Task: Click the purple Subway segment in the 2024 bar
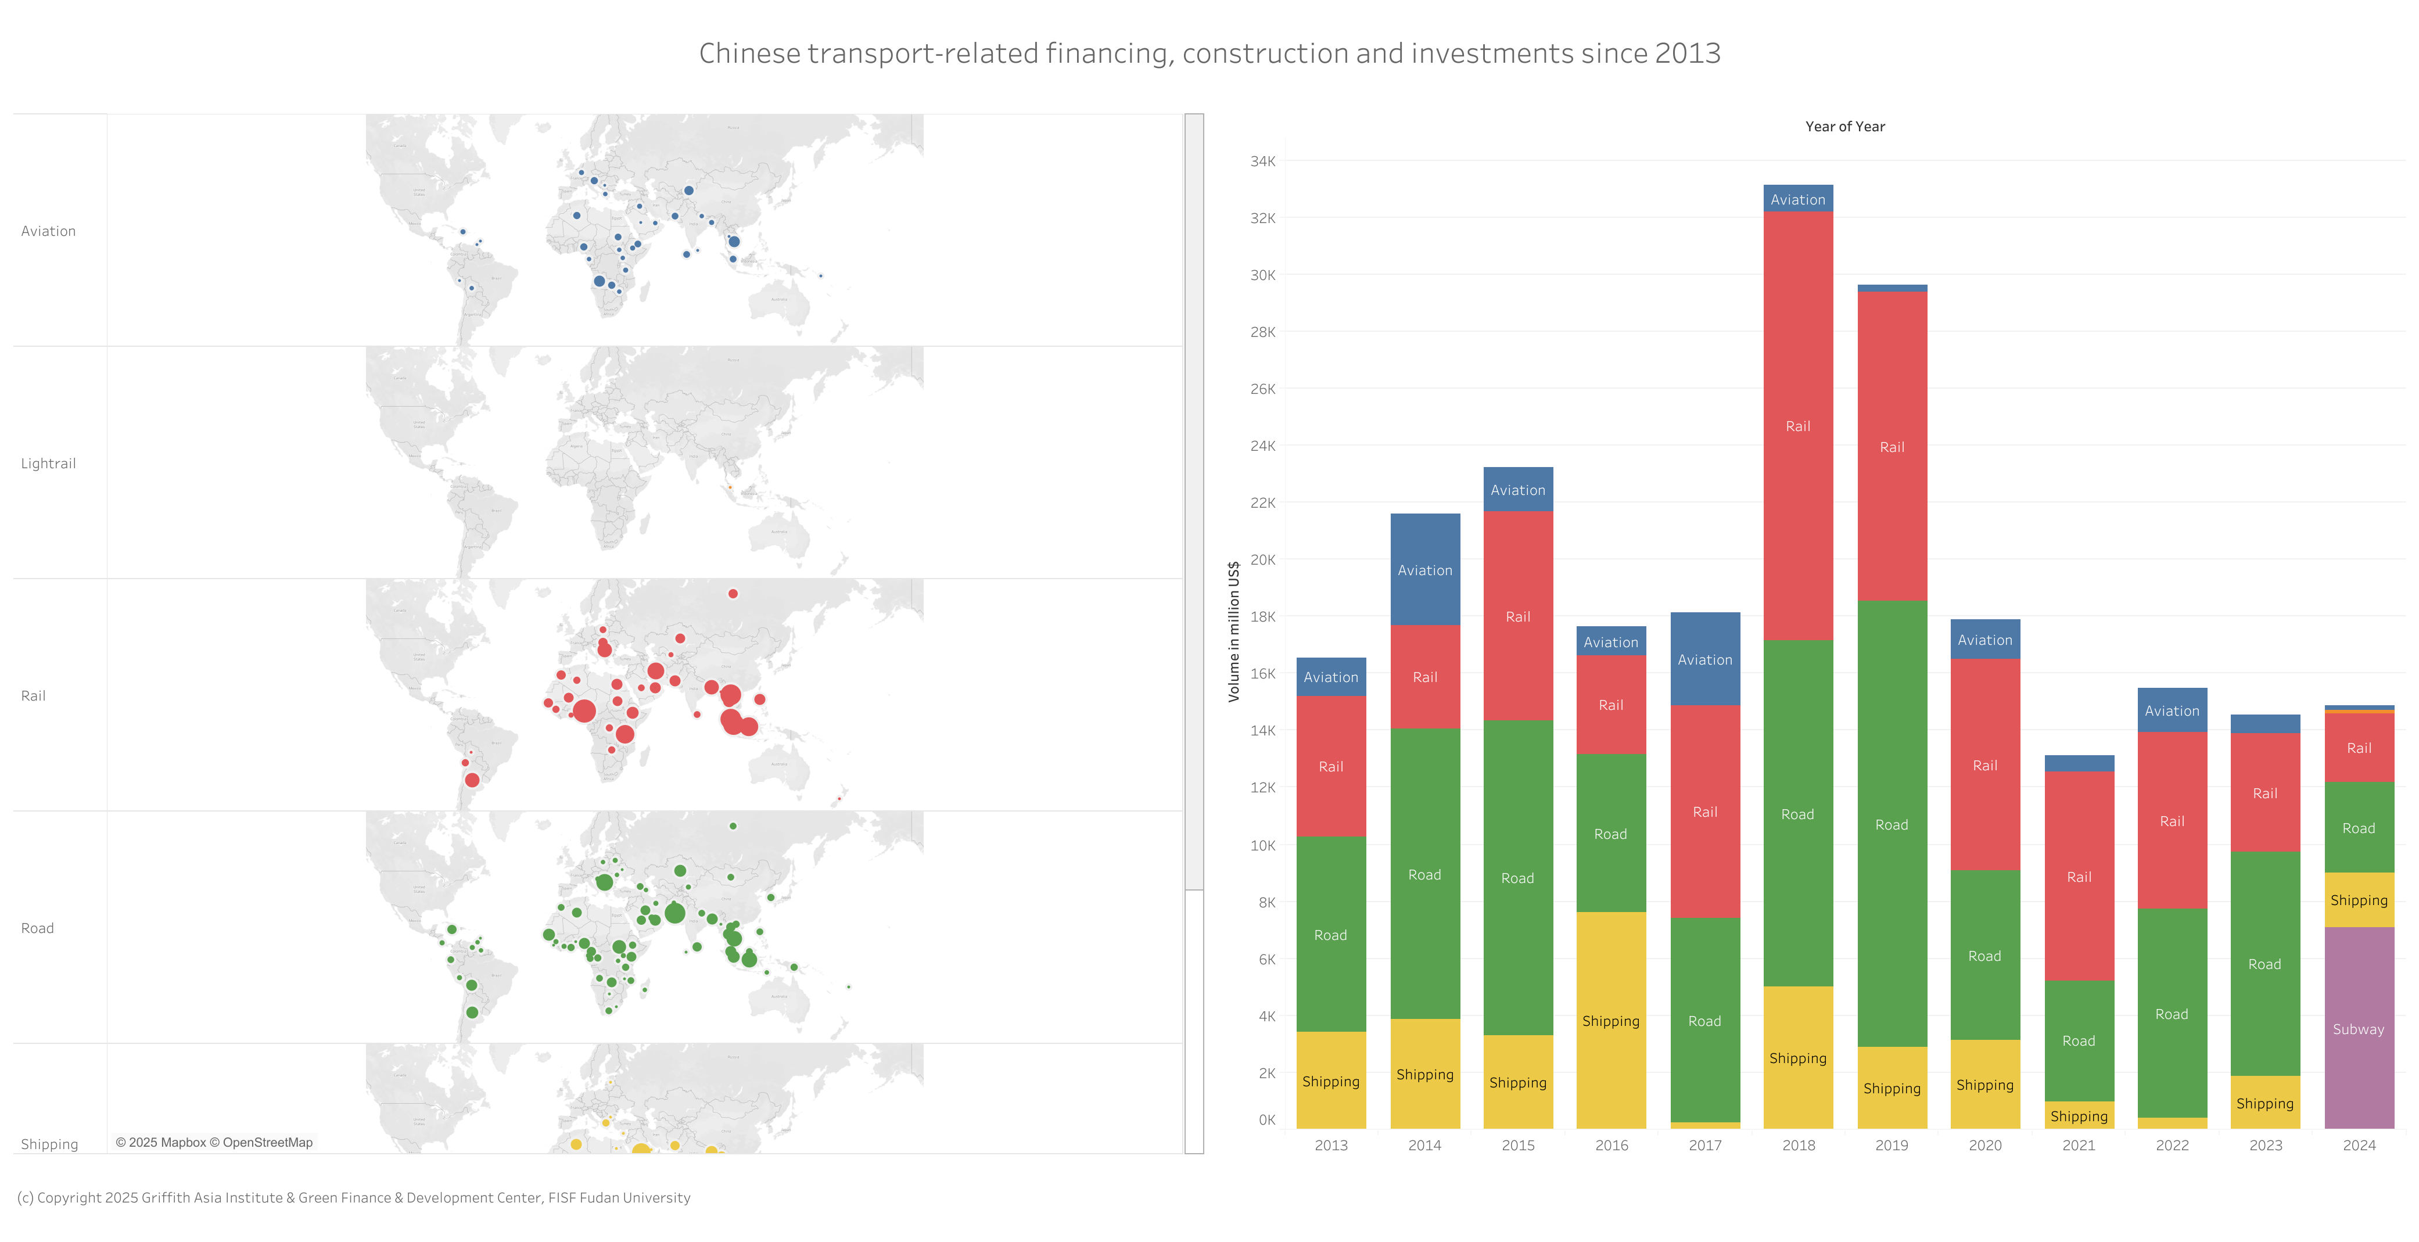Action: pyautogui.click(x=2358, y=1028)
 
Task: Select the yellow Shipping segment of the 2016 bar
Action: pyautogui.click(x=1610, y=1021)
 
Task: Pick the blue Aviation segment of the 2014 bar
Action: pyautogui.click(x=1424, y=570)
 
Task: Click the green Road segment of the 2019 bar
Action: pyautogui.click(x=1892, y=824)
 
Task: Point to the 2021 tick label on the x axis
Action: pyautogui.click(x=2078, y=1146)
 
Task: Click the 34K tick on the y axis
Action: pyautogui.click(x=1262, y=161)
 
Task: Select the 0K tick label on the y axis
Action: pyautogui.click(x=1266, y=1120)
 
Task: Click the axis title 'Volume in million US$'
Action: pyautogui.click(x=1234, y=631)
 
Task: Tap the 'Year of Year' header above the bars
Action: pyautogui.click(x=1844, y=127)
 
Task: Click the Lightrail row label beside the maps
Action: pyautogui.click(x=48, y=464)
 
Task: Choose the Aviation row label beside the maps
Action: pyautogui.click(x=48, y=231)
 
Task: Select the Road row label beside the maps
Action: pyautogui.click(x=38, y=928)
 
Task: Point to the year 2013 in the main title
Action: pyautogui.click(x=1688, y=53)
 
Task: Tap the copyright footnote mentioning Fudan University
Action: pyautogui.click(x=353, y=1198)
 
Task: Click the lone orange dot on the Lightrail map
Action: pyautogui.click(x=730, y=487)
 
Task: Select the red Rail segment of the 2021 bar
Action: pyautogui.click(x=2078, y=876)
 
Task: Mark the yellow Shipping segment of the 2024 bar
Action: pyautogui.click(x=2358, y=899)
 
